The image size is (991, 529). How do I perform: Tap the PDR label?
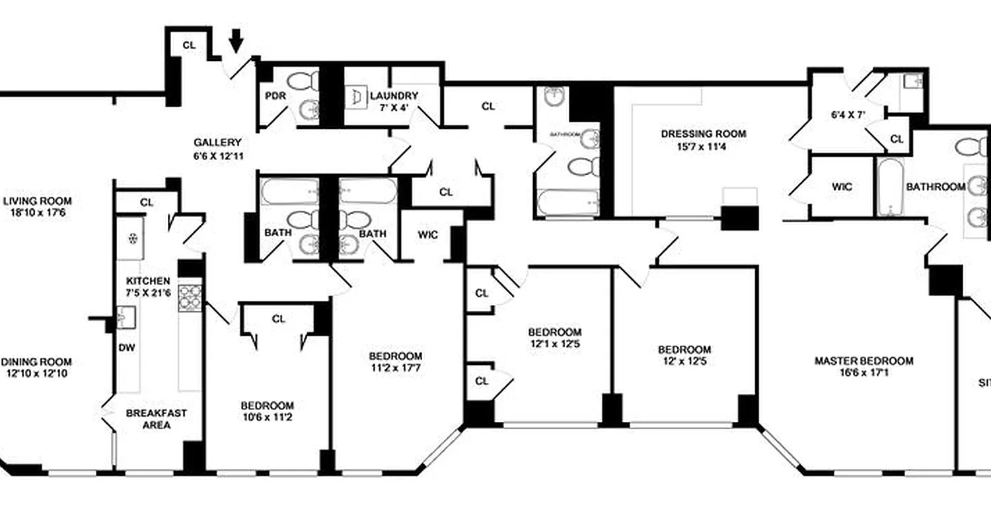(275, 96)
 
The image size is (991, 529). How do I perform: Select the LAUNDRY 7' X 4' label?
(394, 101)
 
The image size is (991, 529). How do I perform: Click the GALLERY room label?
(217, 147)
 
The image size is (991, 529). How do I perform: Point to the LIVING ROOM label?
(37, 207)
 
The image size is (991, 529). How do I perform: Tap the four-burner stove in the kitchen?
(190, 297)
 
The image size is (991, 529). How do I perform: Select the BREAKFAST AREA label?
(157, 419)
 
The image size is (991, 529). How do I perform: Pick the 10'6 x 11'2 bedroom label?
(267, 411)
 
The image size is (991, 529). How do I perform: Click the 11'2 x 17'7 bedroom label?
(395, 362)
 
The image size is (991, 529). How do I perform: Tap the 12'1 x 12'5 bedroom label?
(554, 337)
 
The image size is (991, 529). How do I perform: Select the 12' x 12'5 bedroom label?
(684, 355)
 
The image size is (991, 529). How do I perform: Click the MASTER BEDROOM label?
(863, 366)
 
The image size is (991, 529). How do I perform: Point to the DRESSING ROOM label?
(703, 140)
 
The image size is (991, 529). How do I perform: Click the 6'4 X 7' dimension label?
(848, 114)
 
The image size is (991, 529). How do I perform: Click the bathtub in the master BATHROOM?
(890, 187)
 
